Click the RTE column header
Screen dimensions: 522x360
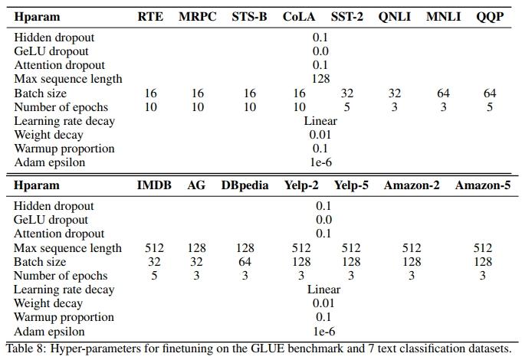[x=150, y=17]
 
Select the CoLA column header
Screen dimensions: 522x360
[x=299, y=17]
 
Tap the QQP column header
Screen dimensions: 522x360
[x=490, y=17]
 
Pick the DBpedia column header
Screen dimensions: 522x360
[x=245, y=185]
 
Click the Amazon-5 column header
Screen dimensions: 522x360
[x=483, y=185]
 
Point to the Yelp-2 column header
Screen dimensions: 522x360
[x=301, y=185]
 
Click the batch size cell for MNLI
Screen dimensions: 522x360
[x=443, y=93]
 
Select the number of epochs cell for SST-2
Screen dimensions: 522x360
[x=346, y=107]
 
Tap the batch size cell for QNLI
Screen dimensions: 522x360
[x=395, y=93]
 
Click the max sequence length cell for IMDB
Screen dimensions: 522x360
[x=154, y=248]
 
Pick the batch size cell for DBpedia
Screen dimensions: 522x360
[x=245, y=262]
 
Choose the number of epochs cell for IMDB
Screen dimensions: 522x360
[x=154, y=276]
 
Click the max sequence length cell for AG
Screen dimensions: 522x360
[x=196, y=248]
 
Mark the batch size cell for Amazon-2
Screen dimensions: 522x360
[x=412, y=262]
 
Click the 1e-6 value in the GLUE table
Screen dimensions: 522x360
[x=320, y=162]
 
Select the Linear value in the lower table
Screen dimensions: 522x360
[x=323, y=290]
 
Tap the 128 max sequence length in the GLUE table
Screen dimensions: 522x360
[x=320, y=79]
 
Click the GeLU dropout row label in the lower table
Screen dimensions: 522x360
[x=51, y=220]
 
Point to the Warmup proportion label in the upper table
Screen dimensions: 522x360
[x=64, y=149]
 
